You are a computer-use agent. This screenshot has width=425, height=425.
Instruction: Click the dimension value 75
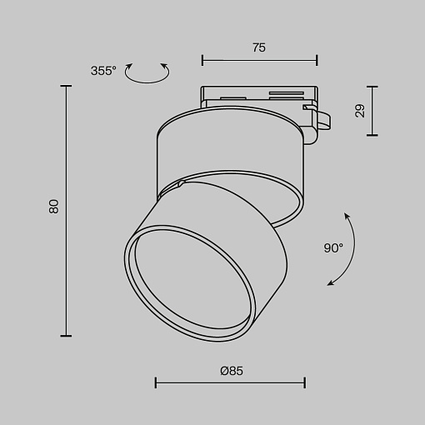tap(259, 47)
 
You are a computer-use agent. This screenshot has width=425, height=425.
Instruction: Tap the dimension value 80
tap(54, 207)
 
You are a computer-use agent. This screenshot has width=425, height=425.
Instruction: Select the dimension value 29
tap(360, 111)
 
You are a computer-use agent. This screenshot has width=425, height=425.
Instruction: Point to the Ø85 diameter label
tap(232, 371)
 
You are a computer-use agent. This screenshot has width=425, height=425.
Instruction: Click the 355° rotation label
tap(103, 71)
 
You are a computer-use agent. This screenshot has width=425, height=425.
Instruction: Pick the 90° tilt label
tap(333, 247)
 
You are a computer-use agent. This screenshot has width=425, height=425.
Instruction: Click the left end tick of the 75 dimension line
tap(202, 60)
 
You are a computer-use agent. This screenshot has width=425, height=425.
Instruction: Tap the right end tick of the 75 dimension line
tap(317, 60)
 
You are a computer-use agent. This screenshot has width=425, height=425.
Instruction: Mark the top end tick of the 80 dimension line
tap(66, 86)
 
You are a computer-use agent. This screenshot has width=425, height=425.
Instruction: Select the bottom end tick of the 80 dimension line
tap(66, 336)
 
